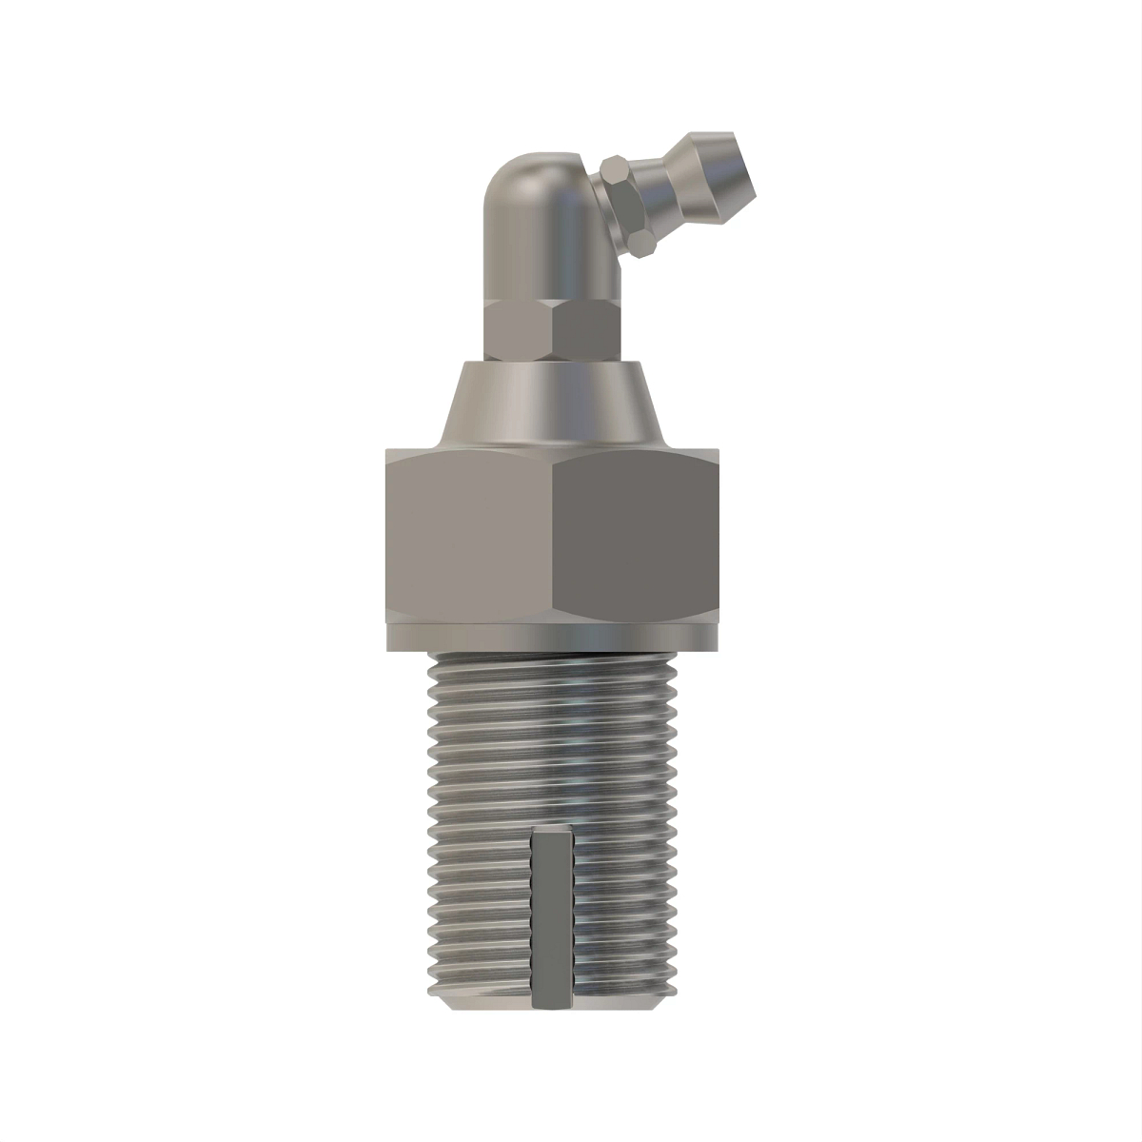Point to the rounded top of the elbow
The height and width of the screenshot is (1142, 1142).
click(533, 171)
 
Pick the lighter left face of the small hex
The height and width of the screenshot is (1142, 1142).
click(519, 330)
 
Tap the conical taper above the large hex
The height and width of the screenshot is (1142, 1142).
click(552, 404)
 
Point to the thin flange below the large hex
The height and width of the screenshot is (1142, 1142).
click(552, 638)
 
